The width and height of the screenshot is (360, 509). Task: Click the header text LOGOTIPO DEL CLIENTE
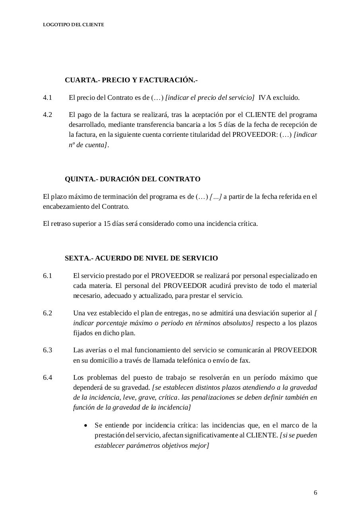(73, 25)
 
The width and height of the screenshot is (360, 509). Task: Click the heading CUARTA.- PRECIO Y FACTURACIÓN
(131, 80)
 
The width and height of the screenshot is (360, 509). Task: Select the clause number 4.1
(47, 97)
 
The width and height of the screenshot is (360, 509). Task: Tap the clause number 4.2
(47, 115)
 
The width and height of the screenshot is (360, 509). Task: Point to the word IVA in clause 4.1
(265, 97)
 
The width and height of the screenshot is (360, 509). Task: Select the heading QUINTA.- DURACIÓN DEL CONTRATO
(132, 179)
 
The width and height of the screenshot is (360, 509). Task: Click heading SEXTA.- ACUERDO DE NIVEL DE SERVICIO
(141, 258)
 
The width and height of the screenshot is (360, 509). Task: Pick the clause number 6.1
(47, 276)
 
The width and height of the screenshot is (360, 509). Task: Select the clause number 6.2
(47, 313)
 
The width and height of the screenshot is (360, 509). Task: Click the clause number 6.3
(47, 350)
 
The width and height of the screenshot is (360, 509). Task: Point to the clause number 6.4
(47, 377)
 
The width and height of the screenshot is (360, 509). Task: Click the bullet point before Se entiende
(86, 425)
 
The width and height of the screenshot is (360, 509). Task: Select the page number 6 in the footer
(315, 493)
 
